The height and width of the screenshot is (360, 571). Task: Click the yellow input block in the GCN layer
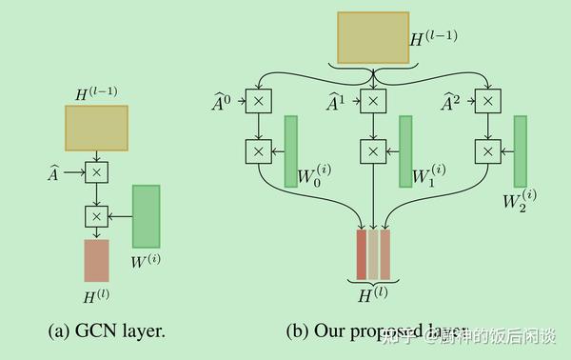coord(96,128)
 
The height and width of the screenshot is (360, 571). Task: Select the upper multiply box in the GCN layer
coord(96,172)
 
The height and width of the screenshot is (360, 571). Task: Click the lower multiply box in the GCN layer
coord(96,216)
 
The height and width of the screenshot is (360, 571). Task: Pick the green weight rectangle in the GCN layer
coord(146,217)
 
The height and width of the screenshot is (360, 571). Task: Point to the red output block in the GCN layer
coord(96,260)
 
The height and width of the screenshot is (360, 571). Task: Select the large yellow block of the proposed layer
coord(372,38)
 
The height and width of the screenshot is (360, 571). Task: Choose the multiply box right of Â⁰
coord(258,99)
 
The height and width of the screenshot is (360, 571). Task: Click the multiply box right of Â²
coord(486,99)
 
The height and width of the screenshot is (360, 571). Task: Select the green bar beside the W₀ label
coord(290,150)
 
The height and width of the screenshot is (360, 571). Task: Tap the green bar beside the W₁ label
coord(405,150)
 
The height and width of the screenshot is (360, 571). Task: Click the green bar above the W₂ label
coord(521,150)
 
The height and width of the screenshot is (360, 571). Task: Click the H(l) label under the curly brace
coord(372,294)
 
